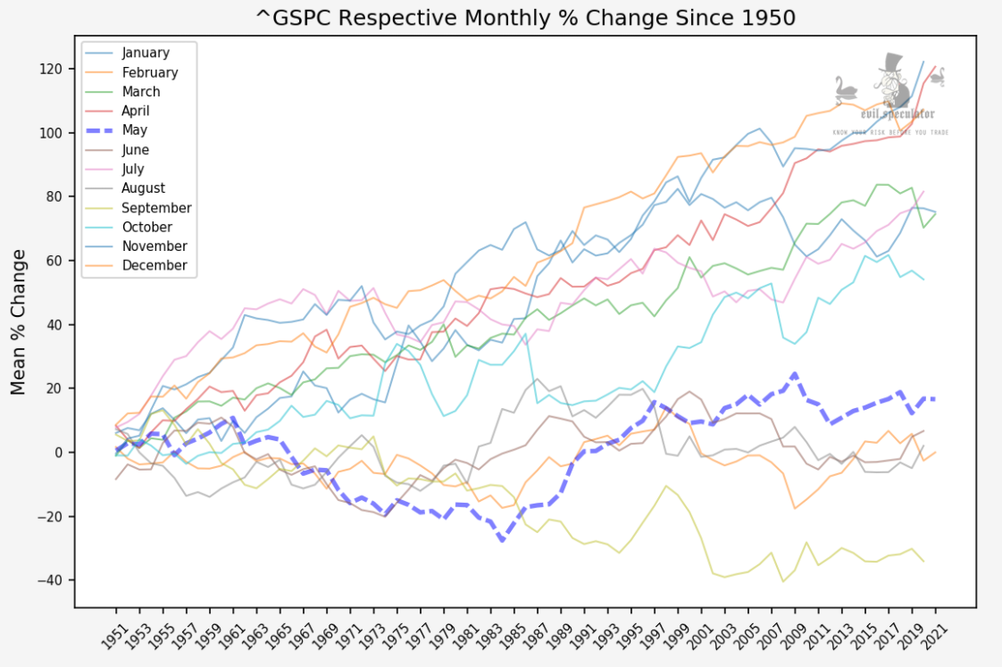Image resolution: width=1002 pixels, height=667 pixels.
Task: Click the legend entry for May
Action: [x=135, y=130]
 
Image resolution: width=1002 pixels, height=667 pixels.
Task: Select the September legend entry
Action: [x=156, y=208]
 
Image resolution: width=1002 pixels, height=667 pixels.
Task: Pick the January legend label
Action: [x=146, y=53]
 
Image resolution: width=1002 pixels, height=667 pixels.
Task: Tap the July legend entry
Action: [x=132, y=170]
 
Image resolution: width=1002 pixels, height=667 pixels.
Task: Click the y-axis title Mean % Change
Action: [x=19, y=322]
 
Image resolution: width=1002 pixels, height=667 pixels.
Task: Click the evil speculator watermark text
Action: [x=898, y=114]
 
